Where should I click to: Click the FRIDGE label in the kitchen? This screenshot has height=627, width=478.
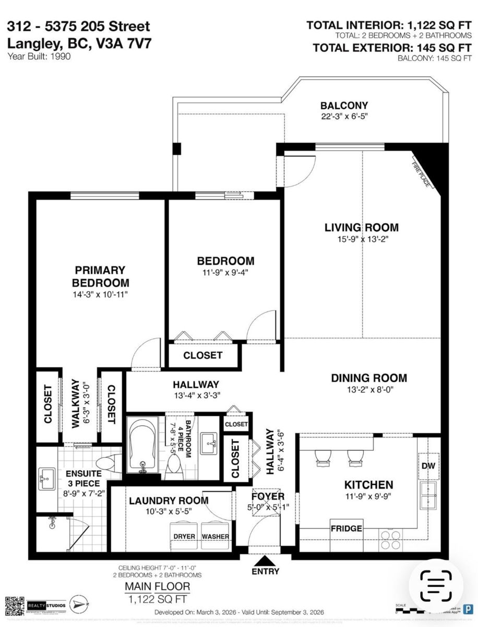[346, 528]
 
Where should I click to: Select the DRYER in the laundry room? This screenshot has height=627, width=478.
[184, 537]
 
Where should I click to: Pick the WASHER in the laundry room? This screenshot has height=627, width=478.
[215, 537]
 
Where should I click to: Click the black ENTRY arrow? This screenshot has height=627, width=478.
[266, 561]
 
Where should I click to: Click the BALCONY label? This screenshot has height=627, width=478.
[344, 105]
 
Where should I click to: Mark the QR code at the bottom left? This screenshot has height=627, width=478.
[14, 605]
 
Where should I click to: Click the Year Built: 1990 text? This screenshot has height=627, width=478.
[39, 56]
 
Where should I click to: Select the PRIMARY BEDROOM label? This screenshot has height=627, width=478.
[100, 276]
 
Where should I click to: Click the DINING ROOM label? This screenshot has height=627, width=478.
[369, 378]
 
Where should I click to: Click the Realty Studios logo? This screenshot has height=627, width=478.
[47, 605]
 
